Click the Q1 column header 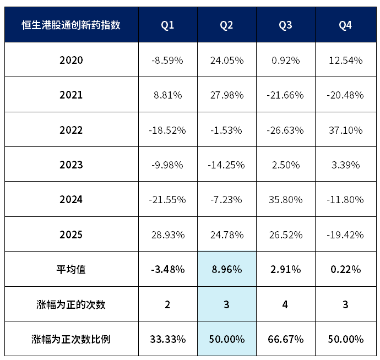[167, 25]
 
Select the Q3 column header [285, 25]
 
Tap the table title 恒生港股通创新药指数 [71, 25]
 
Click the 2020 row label [71, 60]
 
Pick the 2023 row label [71, 165]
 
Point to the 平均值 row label [71, 269]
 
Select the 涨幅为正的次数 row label [71, 304]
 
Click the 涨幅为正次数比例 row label [71, 339]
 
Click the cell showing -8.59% [167, 61]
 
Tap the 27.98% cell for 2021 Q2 [227, 95]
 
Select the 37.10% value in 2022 [346, 130]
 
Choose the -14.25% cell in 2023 [226, 165]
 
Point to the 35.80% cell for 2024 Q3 [286, 200]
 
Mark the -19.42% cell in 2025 [345, 234]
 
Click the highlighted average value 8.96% [227, 269]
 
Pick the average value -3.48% [168, 269]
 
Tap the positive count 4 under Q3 [285, 304]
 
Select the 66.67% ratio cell [286, 339]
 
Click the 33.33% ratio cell [168, 339]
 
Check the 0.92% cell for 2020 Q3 [286, 61]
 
